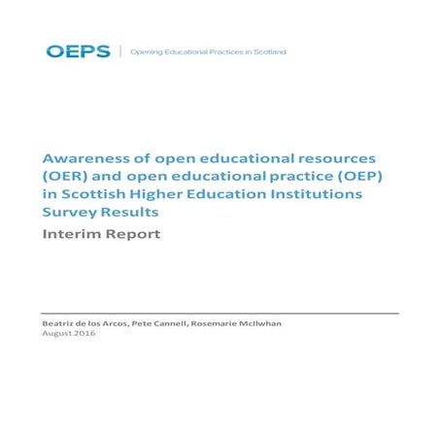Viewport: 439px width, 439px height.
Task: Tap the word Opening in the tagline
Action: pyautogui.click(x=146, y=51)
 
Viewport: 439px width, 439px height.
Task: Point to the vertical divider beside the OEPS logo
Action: pyautogui.click(x=120, y=51)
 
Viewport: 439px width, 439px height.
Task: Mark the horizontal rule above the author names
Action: pyautogui.click(x=219, y=314)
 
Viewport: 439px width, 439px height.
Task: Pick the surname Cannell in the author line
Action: pyautogui.click(x=180, y=322)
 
